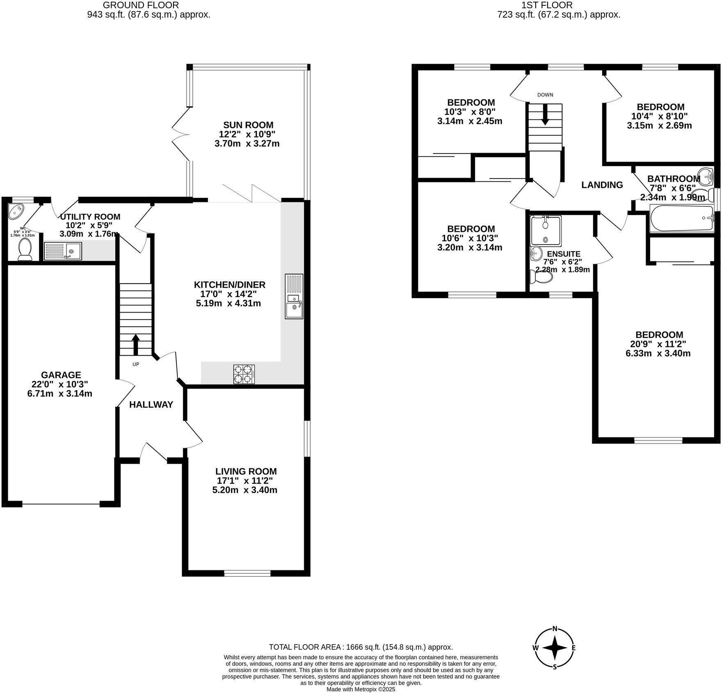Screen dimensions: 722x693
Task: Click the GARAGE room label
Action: (x=61, y=375)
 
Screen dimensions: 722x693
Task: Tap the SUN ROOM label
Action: (x=248, y=125)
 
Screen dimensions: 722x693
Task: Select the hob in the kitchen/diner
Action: (x=244, y=374)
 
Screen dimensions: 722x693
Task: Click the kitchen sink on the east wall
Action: (x=294, y=296)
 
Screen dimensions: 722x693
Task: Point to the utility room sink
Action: (x=63, y=251)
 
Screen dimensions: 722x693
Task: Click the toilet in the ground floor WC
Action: (x=25, y=249)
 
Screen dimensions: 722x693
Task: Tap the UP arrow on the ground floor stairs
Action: (x=135, y=345)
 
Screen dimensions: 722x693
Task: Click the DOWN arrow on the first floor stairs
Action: (x=545, y=114)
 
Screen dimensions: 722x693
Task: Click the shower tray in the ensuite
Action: (x=546, y=231)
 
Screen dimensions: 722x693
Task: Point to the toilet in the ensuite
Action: (x=541, y=276)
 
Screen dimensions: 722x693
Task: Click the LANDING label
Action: (x=602, y=185)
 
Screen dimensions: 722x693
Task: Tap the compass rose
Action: (x=555, y=648)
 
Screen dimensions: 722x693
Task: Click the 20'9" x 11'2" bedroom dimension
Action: (x=658, y=344)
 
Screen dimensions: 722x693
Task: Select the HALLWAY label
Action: (x=151, y=405)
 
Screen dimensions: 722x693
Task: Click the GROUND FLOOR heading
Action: (x=141, y=5)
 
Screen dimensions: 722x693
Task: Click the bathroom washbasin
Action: (x=706, y=177)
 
